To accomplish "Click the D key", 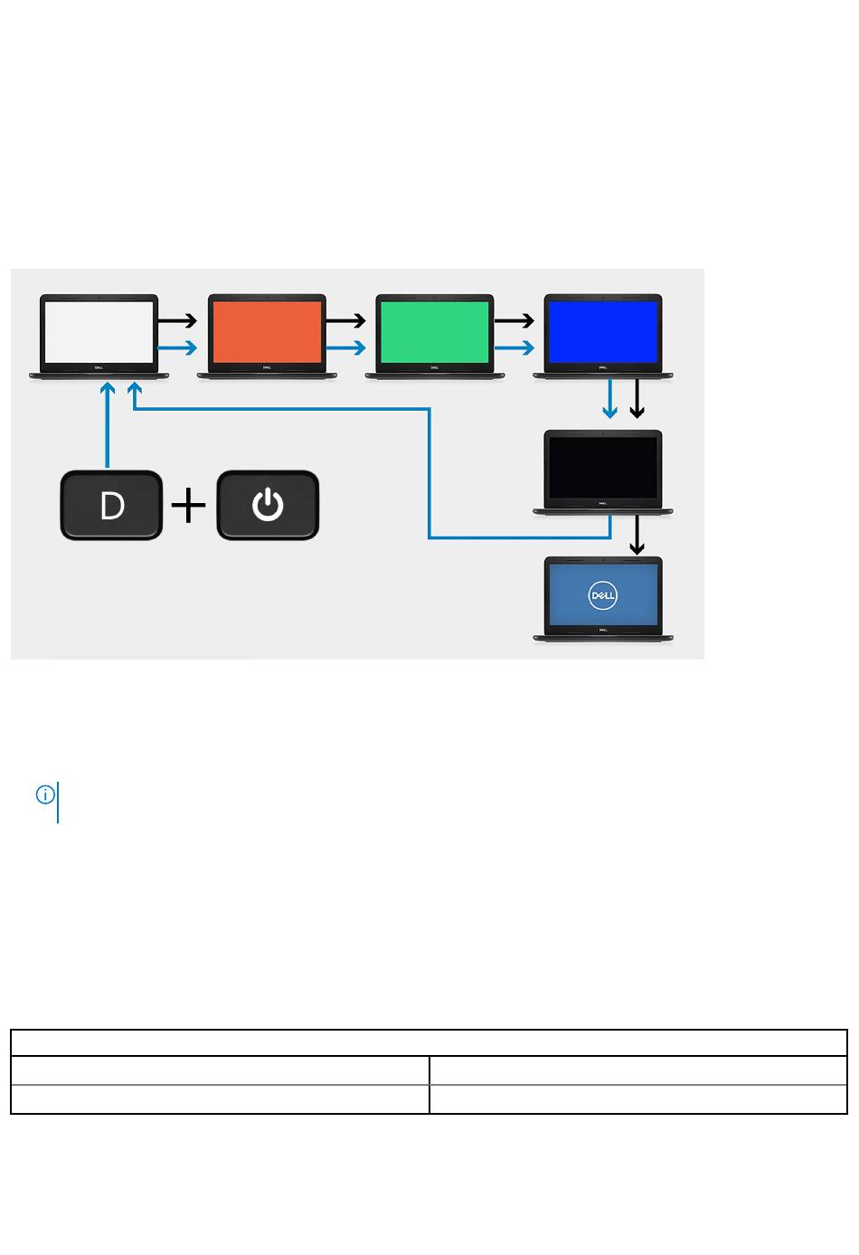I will [111, 506].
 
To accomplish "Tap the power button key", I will [268, 506].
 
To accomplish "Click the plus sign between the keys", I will [189, 506].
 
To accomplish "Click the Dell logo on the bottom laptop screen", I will [602, 594].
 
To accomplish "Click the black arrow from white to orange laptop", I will [178, 320].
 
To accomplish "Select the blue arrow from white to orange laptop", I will [178, 347].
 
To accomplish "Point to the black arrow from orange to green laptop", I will [346, 320].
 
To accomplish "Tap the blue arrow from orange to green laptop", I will [346, 347].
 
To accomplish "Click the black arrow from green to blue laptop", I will [514, 320].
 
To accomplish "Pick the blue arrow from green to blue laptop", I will [514, 347].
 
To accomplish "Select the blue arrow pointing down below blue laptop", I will [610, 399].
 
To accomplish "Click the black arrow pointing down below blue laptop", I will [637, 399].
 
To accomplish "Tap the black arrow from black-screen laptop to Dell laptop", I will [637, 536].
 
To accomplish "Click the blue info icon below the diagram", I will [45, 794].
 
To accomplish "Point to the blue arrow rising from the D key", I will [108, 425].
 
